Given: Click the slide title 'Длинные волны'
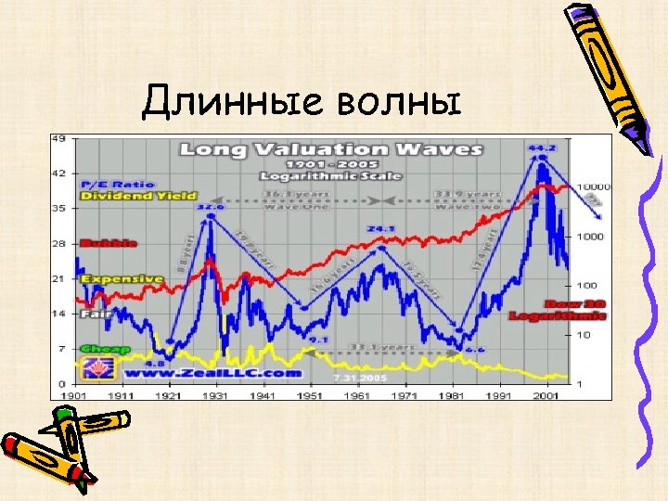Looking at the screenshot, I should (x=302, y=99).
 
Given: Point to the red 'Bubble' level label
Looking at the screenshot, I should (x=109, y=243).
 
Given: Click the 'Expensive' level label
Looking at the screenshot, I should (x=121, y=278).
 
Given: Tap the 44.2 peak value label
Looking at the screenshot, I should (x=542, y=148).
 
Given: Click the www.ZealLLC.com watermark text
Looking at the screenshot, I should (x=211, y=373).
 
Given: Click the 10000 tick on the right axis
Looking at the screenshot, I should (x=594, y=186).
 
